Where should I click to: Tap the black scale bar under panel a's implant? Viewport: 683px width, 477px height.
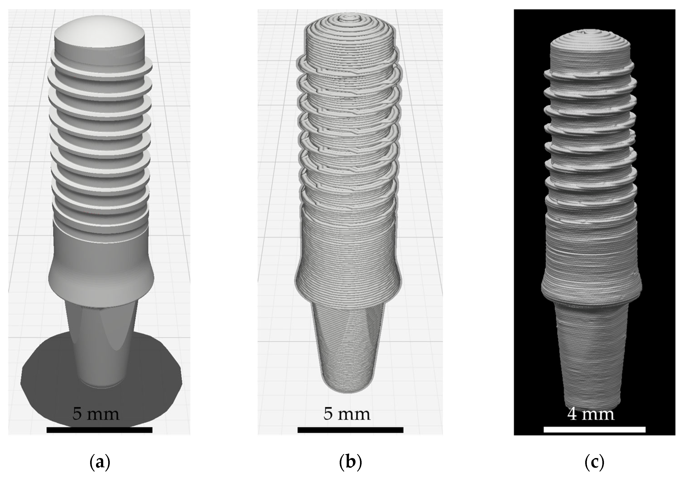tap(99, 430)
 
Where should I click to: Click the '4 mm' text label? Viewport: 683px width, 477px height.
tap(590, 414)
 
